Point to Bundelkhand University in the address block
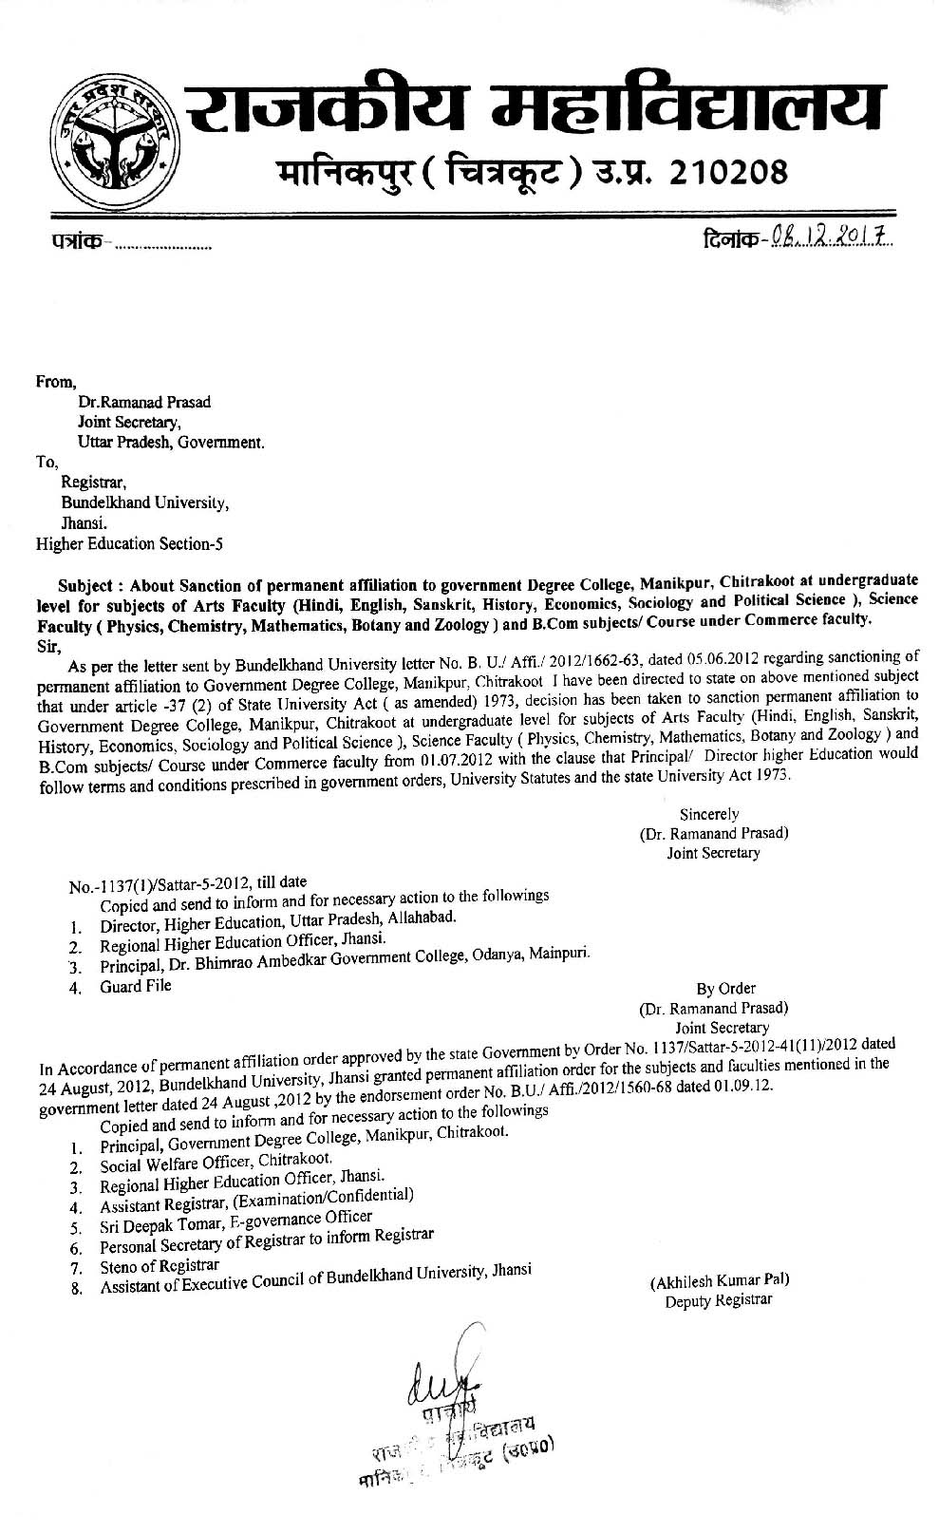144,502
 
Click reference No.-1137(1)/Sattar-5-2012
160,886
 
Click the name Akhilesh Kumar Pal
720,1280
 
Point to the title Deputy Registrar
719,1299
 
